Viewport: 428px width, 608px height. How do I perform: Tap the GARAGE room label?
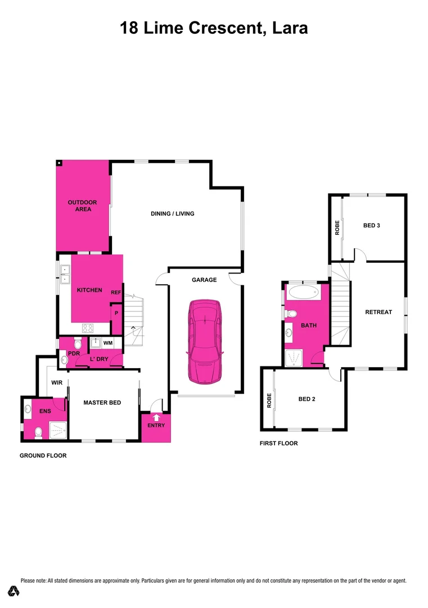click(204, 280)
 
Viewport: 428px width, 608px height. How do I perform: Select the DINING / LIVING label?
click(173, 213)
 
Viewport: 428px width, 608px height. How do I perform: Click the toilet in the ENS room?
click(38, 432)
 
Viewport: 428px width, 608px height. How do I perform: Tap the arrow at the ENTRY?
click(156, 417)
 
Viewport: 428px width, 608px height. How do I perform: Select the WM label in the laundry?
click(109, 342)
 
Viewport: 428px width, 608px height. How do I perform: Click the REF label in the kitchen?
click(116, 292)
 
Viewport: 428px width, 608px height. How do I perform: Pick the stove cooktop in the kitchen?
click(88, 328)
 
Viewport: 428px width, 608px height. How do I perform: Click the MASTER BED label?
click(102, 403)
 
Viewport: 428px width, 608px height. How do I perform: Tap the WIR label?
click(56, 383)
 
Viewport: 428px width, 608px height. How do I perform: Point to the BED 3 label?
click(372, 225)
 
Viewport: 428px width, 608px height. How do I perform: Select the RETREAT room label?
click(379, 312)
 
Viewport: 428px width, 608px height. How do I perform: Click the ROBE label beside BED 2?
click(269, 400)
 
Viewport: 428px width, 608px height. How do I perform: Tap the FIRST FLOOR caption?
click(278, 444)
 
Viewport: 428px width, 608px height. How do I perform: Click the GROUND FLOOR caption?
click(43, 455)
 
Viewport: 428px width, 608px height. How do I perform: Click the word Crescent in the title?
click(222, 28)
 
